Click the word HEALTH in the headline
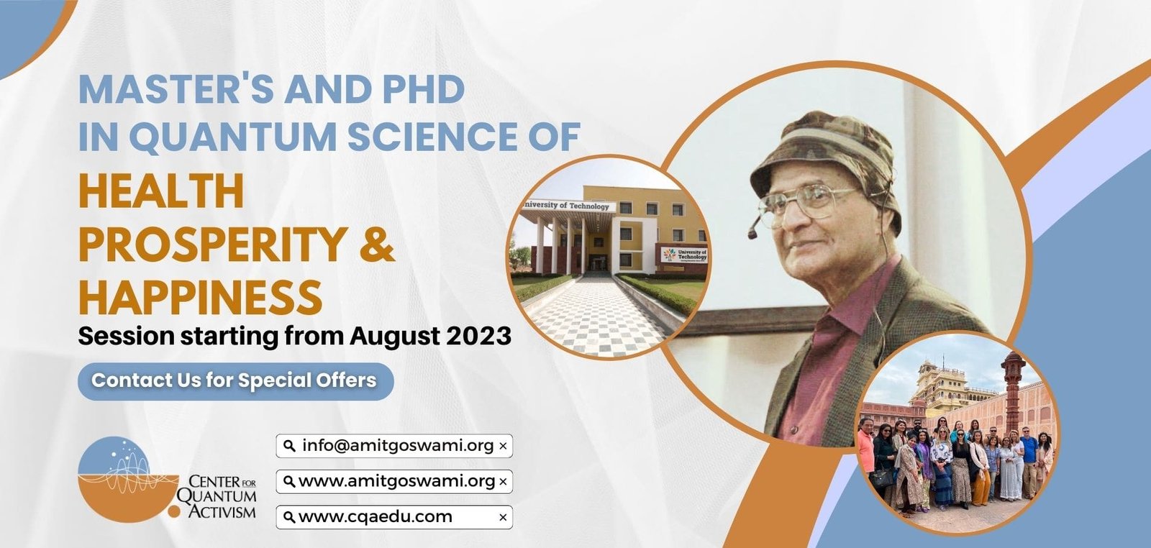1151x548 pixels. coord(161,191)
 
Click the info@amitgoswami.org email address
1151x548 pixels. coord(398,445)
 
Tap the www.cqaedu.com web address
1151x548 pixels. coord(375,516)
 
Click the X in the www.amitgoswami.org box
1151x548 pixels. coord(503,482)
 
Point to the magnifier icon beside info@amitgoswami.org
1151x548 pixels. coord(290,446)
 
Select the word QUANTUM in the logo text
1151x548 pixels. coord(217,497)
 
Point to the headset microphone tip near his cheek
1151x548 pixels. coord(753,234)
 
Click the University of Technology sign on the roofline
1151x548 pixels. coord(568,206)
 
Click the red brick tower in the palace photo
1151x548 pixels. coord(1013,391)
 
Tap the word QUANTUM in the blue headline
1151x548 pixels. coord(237,137)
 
